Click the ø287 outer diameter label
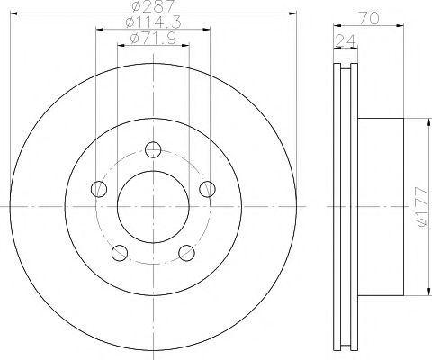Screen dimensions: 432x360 (154, 5)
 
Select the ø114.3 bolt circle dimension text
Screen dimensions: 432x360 (154, 22)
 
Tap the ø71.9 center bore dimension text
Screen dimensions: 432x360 (153, 39)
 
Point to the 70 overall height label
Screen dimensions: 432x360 (369, 19)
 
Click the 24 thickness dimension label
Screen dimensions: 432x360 (346, 41)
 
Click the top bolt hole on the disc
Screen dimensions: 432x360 (153, 149)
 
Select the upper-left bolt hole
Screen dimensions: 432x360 (99, 189)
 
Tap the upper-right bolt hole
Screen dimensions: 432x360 (208, 189)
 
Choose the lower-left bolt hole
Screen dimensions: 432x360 (120, 253)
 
